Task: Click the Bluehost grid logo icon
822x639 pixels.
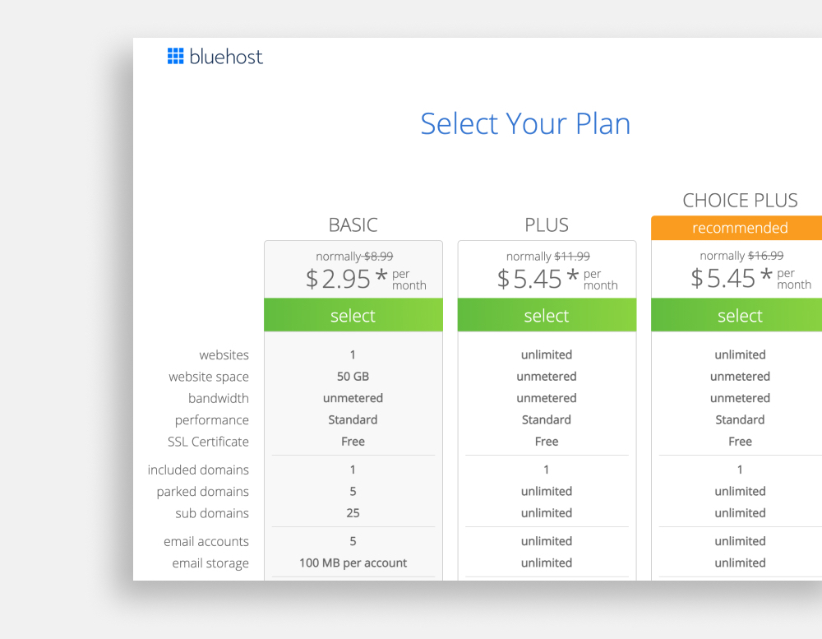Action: [x=176, y=56]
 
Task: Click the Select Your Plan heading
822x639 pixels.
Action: [x=525, y=124]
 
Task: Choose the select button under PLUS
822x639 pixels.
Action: [x=547, y=315]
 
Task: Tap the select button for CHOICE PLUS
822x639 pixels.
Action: [x=737, y=315]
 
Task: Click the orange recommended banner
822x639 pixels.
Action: [x=737, y=228]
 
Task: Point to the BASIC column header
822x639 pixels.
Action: [x=353, y=225]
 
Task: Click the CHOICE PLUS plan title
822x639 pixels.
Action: [x=740, y=201]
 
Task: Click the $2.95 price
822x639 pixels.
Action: [x=338, y=279]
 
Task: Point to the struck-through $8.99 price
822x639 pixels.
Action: [x=378, y=256]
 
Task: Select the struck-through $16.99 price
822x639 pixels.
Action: [x=765, y=256]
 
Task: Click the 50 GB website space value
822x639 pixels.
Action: [x=353, y=377]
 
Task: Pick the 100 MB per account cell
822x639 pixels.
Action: [x=353, y=563]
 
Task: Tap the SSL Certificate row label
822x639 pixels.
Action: [x=208, y=442]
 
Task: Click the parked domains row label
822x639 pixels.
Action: [x=202, y=492]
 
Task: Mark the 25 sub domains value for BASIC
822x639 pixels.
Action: [x=353, y=513]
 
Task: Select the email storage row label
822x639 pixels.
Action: [x=210, y=563]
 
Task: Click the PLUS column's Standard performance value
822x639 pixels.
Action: [x=547, y=419]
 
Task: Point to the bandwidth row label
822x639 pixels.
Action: [x=218, y=398]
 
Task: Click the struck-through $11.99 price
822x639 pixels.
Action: [x=572, y=256]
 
